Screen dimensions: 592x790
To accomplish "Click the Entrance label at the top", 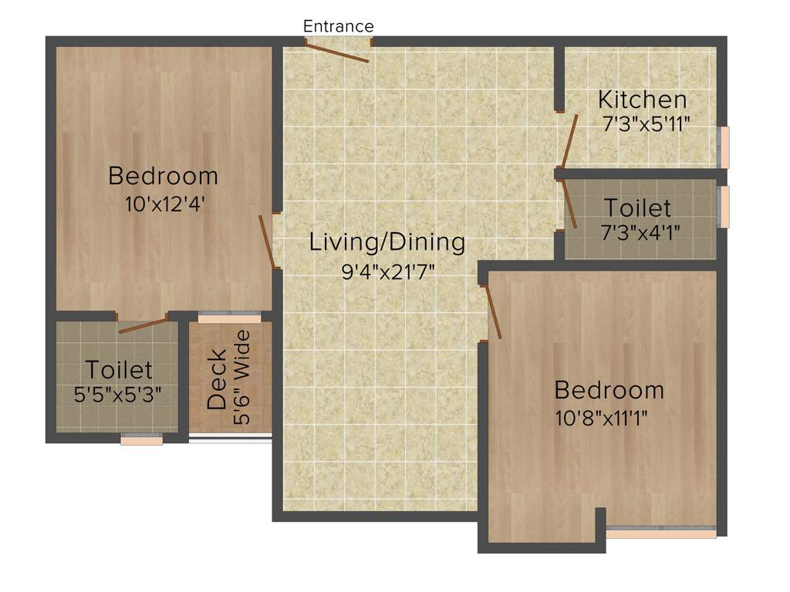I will [x=338, y=26].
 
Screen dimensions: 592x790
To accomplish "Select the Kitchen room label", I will [x=643, y=99].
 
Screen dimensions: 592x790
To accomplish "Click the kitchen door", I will [x=569, y=141].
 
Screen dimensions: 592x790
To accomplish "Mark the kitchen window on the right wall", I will [x=724, y=146].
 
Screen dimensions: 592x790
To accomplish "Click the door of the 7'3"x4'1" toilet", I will [x=570, y=204].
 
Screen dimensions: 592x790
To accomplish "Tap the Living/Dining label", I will [x=387, y=242].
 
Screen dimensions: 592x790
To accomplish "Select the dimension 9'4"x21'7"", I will [x=389, y=271].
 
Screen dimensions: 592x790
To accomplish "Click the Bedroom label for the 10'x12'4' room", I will [x=163, y=176].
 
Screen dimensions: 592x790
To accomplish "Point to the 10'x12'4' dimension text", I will [x=164, y=204].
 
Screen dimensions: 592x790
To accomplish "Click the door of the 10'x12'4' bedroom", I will [x=266, y=241].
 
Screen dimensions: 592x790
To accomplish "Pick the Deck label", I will [x=218, y=379].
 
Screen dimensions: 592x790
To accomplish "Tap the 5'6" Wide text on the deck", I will [x=243, y=378].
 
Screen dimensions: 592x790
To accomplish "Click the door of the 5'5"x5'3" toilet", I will [x=143, y=325].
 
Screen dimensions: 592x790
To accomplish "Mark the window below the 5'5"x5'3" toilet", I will [x=142, y=440].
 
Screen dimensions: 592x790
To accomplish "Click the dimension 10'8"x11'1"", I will [x=601, y=418].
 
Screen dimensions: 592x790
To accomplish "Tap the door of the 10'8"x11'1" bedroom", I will [x=491, y=312].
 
